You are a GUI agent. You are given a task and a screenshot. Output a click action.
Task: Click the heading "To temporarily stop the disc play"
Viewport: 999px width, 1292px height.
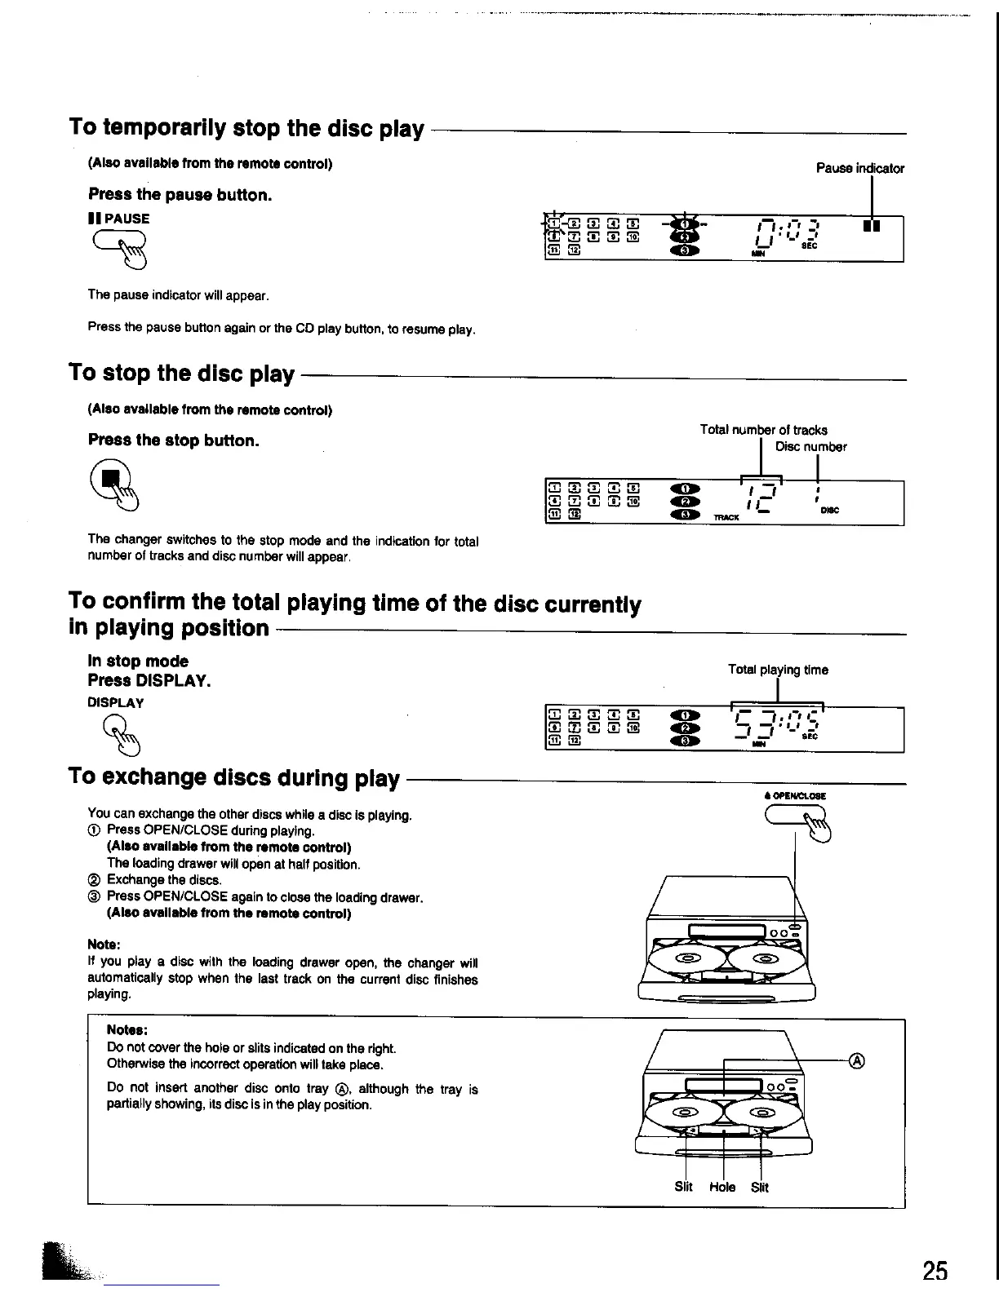246,128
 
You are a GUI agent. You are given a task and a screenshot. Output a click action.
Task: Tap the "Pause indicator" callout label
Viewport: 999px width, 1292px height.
859,168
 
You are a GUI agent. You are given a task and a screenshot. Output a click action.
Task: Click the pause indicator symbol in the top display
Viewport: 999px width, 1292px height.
871,226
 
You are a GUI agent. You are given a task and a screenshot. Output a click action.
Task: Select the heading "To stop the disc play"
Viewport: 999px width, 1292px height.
181,373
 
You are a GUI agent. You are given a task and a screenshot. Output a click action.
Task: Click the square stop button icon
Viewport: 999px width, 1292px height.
116,476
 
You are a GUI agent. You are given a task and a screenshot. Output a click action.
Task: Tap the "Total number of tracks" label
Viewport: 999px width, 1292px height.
763,429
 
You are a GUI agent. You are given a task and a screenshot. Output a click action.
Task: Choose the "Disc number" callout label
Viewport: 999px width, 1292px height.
810,446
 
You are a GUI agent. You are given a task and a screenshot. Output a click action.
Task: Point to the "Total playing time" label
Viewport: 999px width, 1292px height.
778,670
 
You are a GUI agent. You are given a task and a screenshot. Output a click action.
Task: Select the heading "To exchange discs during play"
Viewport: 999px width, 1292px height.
234,777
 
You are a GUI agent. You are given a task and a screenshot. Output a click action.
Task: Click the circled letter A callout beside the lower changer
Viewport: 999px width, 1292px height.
856,1060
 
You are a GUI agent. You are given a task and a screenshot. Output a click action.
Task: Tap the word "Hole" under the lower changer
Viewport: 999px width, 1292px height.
722,1187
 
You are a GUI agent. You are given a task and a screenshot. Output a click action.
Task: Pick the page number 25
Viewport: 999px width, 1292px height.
935,1270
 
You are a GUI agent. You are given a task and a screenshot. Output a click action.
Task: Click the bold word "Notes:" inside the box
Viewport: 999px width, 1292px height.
127,1030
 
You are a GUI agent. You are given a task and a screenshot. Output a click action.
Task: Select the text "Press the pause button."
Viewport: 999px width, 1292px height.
180,195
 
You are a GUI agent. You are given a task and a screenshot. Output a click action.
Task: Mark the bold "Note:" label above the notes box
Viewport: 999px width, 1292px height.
104,945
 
